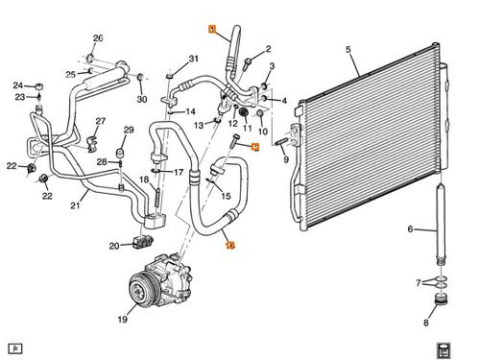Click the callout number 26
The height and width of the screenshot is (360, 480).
[x=97, y=38]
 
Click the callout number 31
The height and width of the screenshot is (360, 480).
[x=193, y=60]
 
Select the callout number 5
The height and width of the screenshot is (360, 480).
[x=348, y=50]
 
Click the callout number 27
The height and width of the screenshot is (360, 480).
[x=100, y=120]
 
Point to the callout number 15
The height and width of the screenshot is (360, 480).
[x=227, y=197]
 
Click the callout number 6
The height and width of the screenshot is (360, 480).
[x=410, y=228]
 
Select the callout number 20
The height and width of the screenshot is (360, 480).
[x=114, y=246]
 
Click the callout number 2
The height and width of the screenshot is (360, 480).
[x=268, y=49]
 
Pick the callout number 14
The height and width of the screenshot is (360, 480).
[x=189, y=110]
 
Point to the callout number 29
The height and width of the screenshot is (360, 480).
[x=129, y=130]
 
